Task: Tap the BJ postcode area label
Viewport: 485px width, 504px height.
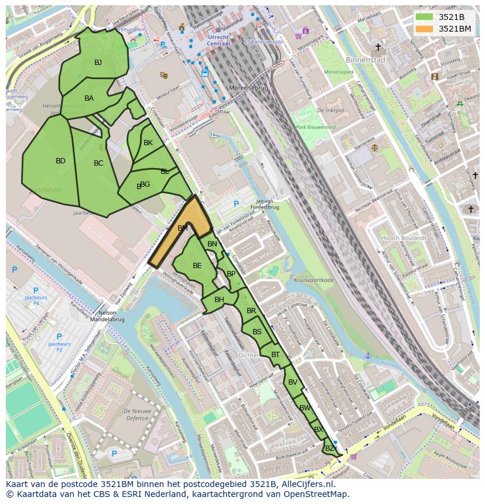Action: click(x=98, y=63)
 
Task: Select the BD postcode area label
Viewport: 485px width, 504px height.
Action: click(x=60, y=161)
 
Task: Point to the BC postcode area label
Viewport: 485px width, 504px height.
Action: click(x=98, y=163)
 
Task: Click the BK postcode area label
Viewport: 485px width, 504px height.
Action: click(x=148, y=143)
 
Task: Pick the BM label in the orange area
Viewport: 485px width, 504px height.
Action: click(x=183, y=228)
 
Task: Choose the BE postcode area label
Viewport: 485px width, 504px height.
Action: click(x=197, y=266)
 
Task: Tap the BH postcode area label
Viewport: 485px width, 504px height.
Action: click(x=219, y=300)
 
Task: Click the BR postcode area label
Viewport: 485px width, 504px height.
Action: click(x=251, y=311)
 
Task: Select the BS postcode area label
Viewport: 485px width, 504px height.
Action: click(x=257, y=332)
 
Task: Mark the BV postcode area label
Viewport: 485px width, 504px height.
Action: click(x=293, y=383)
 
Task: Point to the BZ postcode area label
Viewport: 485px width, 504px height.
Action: click(x=330, y=448)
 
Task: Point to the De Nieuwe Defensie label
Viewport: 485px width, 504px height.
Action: click(x=138, y=414)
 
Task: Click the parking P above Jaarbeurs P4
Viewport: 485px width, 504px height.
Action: click(x=36, y=290)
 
